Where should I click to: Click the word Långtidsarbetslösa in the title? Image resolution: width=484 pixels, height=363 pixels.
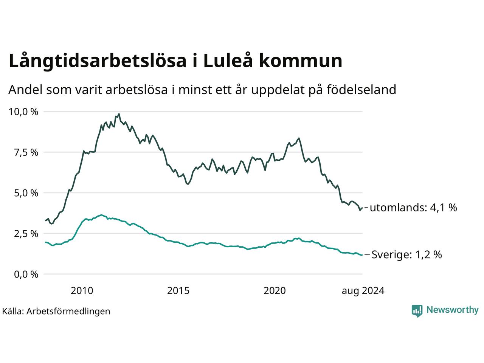[98, 61]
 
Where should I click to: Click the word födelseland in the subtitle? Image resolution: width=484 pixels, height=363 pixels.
[361, 90]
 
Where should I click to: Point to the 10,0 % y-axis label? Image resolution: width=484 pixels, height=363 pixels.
[23, 112]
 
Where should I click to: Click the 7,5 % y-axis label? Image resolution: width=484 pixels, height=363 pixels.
[26, 152]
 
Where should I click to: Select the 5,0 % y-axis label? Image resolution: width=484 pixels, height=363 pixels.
[26, 193]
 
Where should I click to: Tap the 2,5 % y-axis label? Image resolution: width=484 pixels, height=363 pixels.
[26, 234]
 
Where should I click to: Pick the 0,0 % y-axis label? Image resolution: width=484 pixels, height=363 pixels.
[26, 275]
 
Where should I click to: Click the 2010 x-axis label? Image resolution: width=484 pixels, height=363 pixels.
[82, 291]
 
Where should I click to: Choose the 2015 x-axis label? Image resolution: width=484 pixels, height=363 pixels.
[178, 291]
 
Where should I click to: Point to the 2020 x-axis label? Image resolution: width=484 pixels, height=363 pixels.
[275, 291]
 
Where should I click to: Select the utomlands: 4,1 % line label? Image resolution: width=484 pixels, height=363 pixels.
[413, 208]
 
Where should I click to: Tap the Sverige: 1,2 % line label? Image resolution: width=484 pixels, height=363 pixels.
[406, 255]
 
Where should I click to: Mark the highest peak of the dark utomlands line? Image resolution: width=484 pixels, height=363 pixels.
[119, 114]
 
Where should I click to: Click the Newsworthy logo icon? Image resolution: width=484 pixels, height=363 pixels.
[417, 311]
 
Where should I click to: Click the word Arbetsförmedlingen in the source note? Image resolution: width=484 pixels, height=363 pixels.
[68, 312]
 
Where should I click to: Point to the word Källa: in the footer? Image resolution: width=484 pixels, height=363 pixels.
[13, 312]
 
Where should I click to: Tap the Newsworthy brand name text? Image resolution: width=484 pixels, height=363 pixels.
[453, 310]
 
